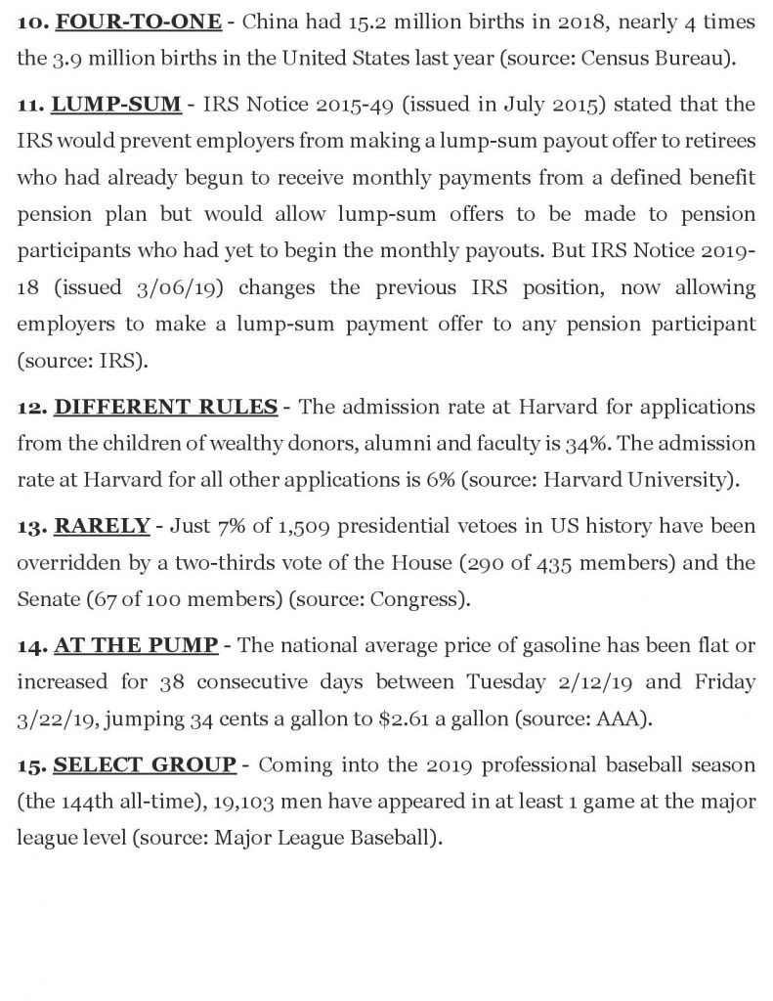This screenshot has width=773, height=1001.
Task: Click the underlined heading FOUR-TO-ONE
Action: click(x=138, y=22)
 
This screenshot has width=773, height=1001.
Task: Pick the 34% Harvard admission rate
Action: click(x=545, y=443)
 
